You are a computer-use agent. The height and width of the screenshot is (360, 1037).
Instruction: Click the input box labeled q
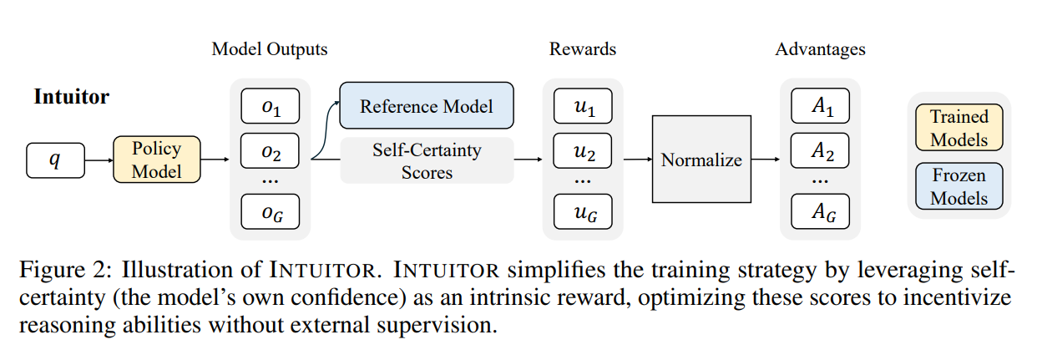tap(56, 160)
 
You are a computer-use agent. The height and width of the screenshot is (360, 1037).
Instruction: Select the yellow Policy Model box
tap(157, 160)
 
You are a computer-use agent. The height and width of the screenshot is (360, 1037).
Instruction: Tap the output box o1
tap(271, 106)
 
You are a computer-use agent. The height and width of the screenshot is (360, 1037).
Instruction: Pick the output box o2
tap(271, 150)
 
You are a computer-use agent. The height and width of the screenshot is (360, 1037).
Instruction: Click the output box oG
tap(271, 211)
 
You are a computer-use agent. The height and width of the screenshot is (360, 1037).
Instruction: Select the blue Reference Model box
tap(427, 105)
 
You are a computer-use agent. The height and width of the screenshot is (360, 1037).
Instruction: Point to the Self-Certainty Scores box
tap(427, 160)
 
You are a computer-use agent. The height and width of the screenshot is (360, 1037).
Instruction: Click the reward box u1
tap(583, 106)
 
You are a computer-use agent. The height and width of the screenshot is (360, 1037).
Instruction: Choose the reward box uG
tap(583, 211)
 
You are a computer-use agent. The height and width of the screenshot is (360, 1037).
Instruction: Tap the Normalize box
tap(701, 160)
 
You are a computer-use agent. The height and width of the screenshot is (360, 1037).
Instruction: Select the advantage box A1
tap(821, 106)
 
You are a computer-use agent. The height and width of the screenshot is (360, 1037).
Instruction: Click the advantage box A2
tap(821, 150)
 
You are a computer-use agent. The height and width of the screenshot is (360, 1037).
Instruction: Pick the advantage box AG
tap(821, 211)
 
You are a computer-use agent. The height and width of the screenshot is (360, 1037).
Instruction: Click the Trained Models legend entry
tap(959, 128)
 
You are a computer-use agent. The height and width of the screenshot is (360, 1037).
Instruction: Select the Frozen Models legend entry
tap(959, 186)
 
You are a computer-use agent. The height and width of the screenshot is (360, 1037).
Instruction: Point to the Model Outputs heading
tap(270, 49)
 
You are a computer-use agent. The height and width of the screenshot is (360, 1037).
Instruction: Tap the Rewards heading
tap(583, 49)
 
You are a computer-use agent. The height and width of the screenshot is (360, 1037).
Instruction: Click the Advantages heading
tap(821, 49)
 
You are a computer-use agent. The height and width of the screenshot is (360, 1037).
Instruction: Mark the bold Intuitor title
tap(71, 97)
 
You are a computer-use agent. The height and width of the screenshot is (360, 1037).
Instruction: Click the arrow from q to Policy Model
tap(99, 160)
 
